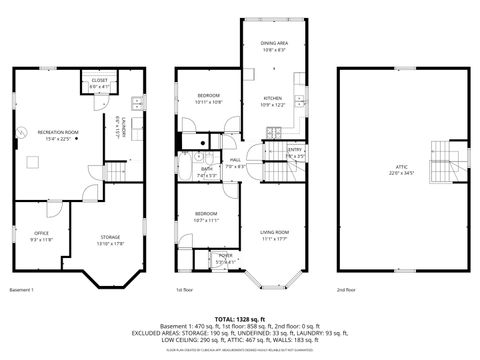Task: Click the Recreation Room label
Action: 57,134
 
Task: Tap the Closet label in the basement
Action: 100,83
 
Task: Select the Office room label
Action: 41,235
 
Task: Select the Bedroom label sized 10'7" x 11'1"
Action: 206,216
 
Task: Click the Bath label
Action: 206,171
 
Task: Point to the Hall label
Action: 236,162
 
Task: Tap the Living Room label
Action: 274,236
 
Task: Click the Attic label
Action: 401,170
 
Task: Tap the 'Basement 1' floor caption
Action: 21,290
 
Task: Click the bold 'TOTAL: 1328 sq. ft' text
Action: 239,318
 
